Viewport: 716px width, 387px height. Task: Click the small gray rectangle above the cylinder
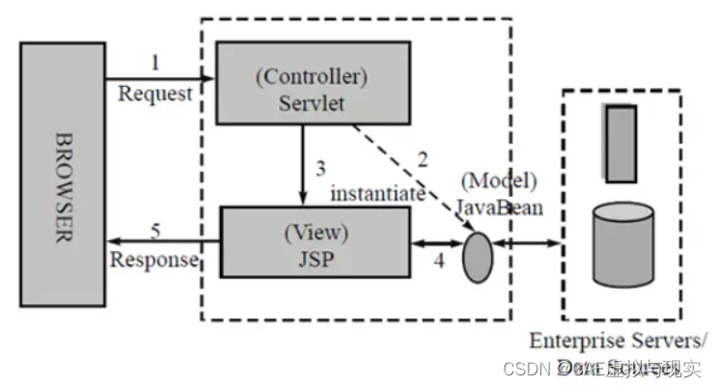(621, 143)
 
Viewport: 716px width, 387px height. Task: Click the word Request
(155, 94)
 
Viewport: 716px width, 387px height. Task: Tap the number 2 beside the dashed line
(423, 156)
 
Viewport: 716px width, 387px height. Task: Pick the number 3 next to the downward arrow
(321, 166)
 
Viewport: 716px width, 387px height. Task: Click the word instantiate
(378, 193)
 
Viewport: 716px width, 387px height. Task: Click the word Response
(154, 261)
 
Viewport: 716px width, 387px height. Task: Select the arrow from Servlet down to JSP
(304, 163)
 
